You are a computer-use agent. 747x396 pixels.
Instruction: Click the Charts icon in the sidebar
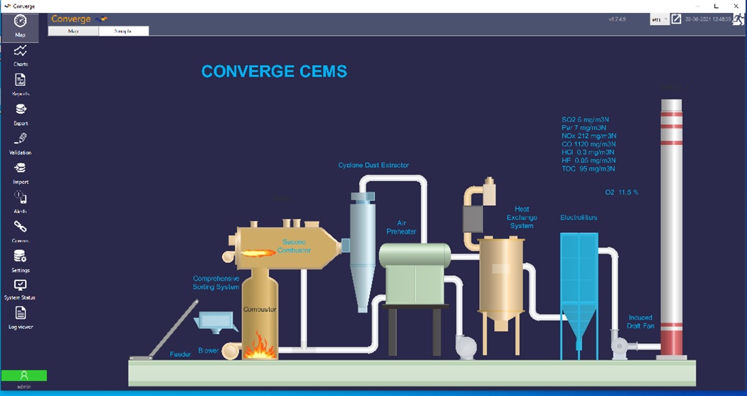(21, 51)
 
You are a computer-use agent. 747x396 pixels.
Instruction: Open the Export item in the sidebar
(21, 109)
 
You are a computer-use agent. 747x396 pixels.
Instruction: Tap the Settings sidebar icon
(21, 257)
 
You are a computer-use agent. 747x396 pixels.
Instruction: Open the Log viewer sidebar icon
(21, 312)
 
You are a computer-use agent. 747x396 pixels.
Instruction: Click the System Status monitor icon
(21, 285)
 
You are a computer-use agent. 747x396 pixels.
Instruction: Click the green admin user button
(24, 375)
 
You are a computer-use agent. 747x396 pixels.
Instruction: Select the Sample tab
(124, 31)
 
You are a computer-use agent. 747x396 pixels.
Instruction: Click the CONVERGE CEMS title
(274, 71)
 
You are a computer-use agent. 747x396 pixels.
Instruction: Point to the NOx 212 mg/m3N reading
(589, 136)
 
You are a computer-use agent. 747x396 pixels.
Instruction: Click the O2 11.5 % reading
(621, 192)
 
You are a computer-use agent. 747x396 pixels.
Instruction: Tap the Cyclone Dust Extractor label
(373, 165)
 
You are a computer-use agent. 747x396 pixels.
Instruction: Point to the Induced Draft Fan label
(641, 322)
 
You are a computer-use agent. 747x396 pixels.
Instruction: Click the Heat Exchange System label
(521, 217)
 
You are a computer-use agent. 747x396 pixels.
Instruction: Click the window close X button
(735, 6)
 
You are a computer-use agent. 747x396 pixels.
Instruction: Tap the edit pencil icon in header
(676, 19)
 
